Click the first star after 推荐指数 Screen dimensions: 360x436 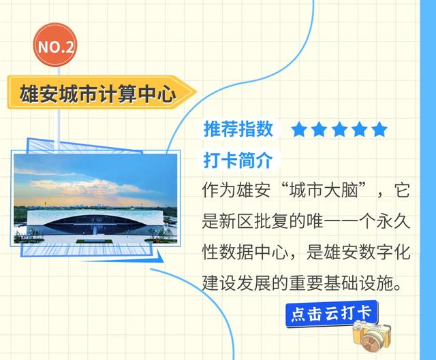pos(299,129)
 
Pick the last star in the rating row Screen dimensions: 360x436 pos(379,129)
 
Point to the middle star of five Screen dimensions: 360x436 pos(339,129)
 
